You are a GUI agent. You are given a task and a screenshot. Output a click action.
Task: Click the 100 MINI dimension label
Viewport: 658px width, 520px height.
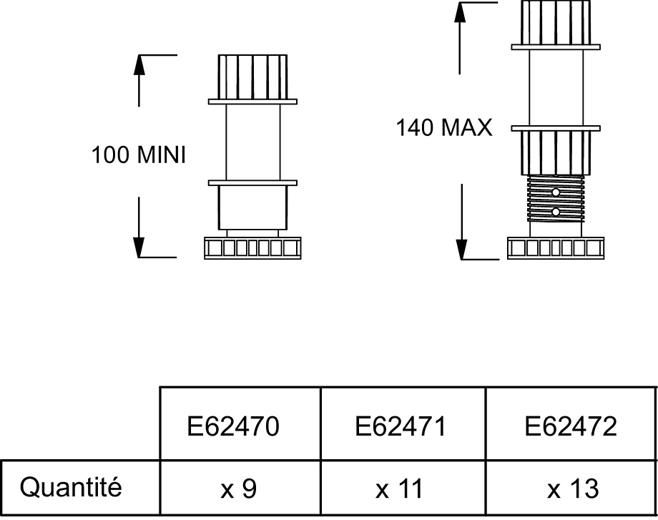pos(139,154)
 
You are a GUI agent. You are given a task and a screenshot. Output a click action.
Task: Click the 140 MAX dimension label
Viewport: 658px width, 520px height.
pos(444,128)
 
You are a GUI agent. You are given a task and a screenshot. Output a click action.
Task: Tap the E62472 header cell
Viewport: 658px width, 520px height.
pos(571,427)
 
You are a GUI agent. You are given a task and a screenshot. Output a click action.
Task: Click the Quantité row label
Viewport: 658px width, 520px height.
pos(71,488)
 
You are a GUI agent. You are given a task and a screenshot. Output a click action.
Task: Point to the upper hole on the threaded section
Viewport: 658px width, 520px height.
pos(556,192)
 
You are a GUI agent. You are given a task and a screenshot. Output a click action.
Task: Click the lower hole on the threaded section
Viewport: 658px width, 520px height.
pos(556,212)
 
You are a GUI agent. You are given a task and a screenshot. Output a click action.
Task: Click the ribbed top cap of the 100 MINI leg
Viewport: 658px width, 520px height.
pos(252,76)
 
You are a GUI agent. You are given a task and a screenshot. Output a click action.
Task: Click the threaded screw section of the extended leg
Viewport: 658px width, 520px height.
pos(556,202)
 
